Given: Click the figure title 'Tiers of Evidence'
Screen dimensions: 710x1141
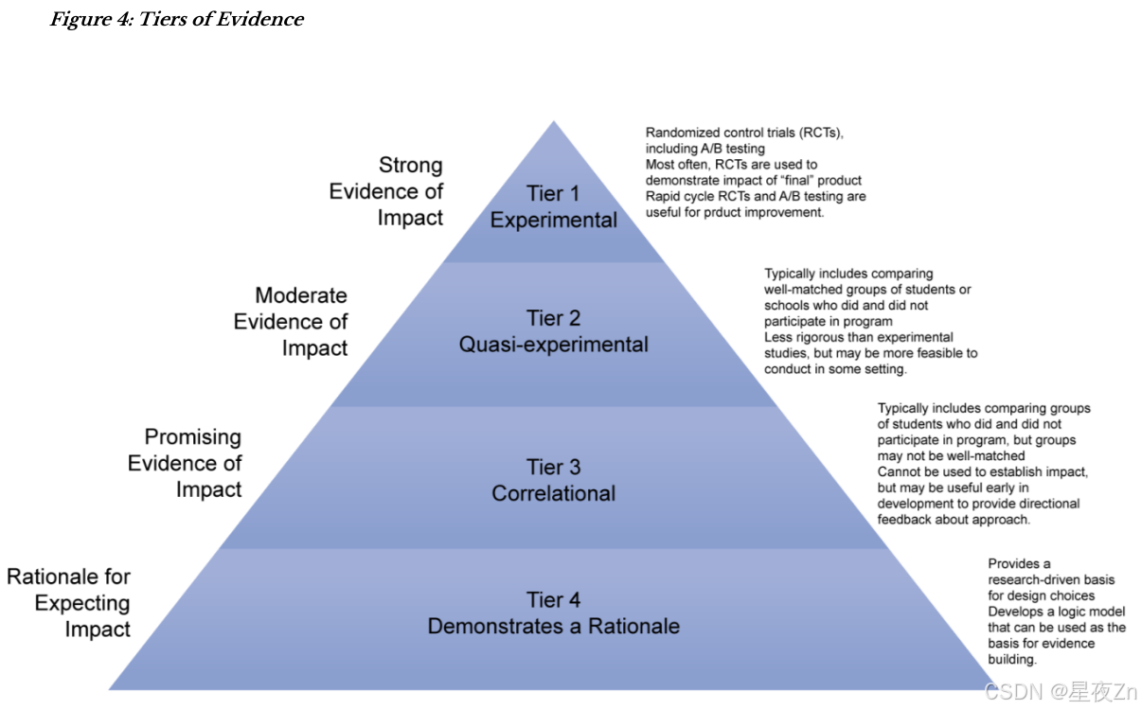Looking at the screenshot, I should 177,19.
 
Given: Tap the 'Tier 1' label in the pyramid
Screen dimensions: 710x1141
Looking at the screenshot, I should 553,194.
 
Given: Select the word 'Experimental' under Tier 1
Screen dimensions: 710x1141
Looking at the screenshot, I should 553,221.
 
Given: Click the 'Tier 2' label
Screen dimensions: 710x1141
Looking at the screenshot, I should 553,318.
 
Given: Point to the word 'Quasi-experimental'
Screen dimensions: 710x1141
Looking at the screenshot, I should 553,345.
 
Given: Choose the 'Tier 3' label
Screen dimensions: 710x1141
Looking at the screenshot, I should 553,467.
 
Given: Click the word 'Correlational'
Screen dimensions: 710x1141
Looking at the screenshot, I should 553,493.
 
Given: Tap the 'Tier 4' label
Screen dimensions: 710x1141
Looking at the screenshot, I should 553,600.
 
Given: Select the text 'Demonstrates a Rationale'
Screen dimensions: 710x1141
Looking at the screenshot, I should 553,626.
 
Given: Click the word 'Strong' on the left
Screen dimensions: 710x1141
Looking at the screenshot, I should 410,166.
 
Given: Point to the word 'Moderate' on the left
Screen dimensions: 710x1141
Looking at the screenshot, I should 301,296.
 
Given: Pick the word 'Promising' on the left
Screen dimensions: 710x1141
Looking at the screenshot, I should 192,437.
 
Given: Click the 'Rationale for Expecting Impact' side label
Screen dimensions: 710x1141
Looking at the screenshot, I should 69,603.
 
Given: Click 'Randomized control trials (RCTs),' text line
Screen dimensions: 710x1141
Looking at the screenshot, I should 744,133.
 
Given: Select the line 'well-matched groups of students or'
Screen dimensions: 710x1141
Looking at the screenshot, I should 867,290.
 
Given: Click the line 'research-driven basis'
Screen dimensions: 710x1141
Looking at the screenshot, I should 1051,579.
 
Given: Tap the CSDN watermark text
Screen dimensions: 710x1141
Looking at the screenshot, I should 1061,693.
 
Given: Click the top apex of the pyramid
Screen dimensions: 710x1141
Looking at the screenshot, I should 553,122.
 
